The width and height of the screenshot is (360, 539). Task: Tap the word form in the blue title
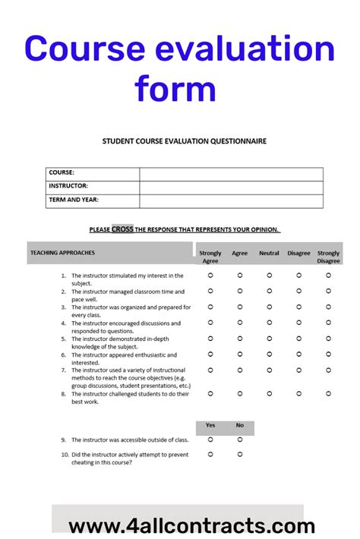point(175,89)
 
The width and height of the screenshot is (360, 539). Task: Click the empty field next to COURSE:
point(231,174)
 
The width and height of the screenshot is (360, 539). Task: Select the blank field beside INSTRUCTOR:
point(231,188)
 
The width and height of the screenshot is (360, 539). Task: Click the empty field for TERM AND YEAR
point(231,201)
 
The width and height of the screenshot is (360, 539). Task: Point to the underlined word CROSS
point(122,229)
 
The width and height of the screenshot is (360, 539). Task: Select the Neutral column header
point(269,253)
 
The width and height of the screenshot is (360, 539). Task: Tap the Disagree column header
point(298,253)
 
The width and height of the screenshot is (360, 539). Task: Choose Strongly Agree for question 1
point(210,276)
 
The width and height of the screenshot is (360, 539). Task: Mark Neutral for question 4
point(269,323)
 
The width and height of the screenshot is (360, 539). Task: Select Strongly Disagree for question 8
point(328,393)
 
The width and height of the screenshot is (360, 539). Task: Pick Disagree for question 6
point(298,354)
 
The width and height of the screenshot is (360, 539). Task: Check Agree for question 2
point(240,291)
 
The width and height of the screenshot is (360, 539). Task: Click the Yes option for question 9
point(210,439)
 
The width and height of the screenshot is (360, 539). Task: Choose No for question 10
point(240,454)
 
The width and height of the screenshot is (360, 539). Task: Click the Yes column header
point(210,425)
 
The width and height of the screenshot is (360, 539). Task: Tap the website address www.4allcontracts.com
point(191,525)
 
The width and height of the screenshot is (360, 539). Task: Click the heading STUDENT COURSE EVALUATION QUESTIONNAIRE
point(185,141)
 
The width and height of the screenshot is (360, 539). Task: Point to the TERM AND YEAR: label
point(74,201)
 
